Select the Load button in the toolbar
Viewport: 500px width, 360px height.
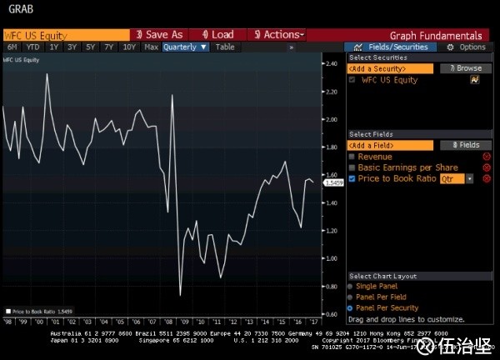(217, 35)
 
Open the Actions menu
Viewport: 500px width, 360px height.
(277, 35)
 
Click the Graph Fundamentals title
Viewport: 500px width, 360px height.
(436, 36)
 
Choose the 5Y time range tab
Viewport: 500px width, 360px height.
(91, 47)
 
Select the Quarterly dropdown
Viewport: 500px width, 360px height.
(185, 47)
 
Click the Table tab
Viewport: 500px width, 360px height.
(225, 47)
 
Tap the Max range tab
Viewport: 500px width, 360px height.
(151, 47)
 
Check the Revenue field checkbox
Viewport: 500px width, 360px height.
(352, 157)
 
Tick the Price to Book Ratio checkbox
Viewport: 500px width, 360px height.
(352, 178)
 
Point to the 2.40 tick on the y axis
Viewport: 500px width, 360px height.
(332, 64)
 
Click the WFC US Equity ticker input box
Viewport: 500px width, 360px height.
(65, 35)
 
